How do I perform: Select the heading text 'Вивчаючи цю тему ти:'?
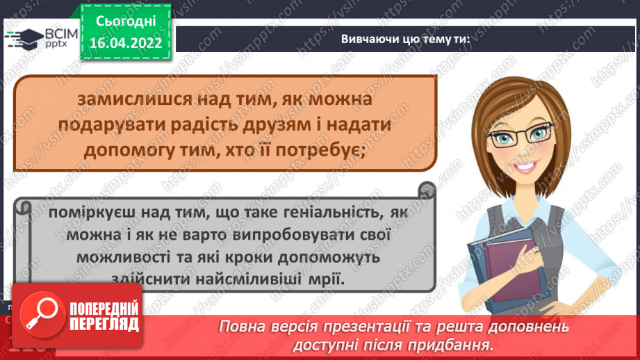(406, 40)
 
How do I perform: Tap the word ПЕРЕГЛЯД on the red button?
(102, 325)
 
